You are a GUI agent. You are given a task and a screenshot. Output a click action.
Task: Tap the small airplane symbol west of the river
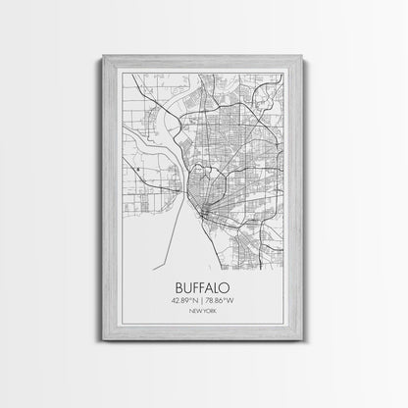tap(140, 170)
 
